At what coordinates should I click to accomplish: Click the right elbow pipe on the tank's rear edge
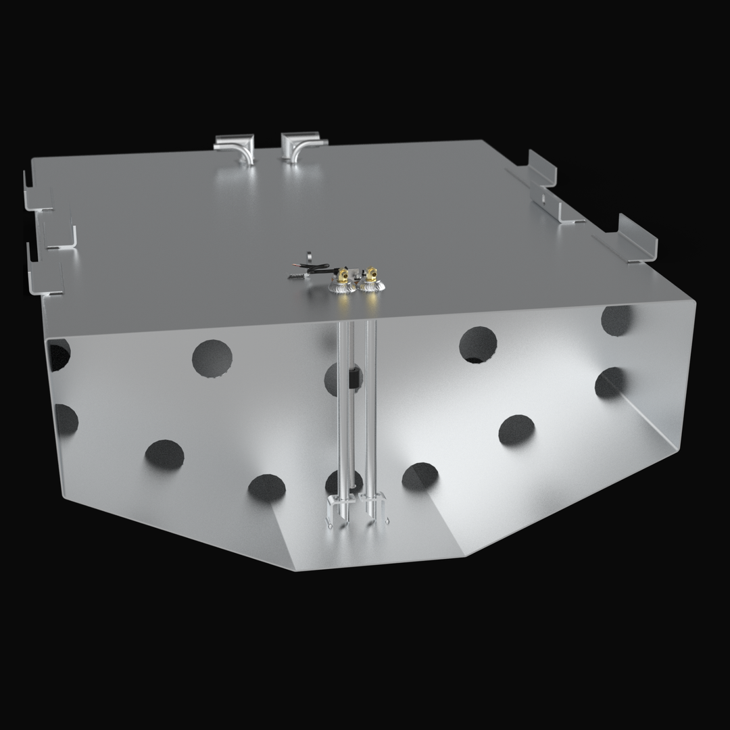click(x=297, y=147)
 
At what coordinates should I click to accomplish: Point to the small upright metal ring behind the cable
click(x=308, y=255)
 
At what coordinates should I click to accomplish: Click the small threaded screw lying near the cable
click(x=296, y=276)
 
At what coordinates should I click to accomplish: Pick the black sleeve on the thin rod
click(x=353, y=379)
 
